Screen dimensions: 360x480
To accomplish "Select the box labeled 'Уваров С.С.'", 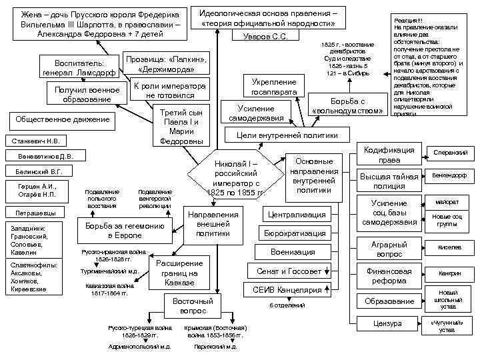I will pyautogui.click(x=265, y=36).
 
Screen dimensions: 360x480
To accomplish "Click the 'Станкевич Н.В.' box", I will pyautogui.click(x=33, y=141).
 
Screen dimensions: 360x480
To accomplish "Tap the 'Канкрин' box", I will pyautogui.click(x=449, y=273).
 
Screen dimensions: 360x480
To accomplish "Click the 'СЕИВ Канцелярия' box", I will pyautogui.click(x=287, y=290).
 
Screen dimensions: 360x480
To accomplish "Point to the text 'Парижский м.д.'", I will pyautogui.click(x=211, y=347).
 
